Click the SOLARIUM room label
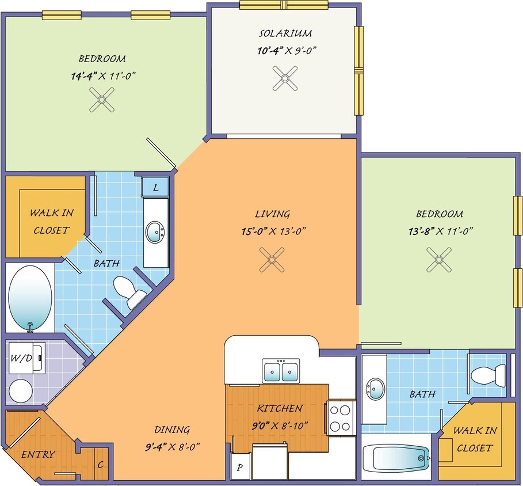285,33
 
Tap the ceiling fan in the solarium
285,78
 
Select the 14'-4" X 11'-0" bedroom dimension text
102,75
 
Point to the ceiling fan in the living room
272,259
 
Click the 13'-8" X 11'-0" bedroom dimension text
439,231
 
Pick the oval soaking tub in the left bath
30,298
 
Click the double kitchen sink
280,370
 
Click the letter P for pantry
240,468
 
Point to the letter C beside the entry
101,464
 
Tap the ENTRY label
38,454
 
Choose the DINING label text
171,430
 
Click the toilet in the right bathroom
487,376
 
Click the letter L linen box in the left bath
156,187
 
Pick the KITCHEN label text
280,408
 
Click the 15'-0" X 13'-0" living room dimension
273,231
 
